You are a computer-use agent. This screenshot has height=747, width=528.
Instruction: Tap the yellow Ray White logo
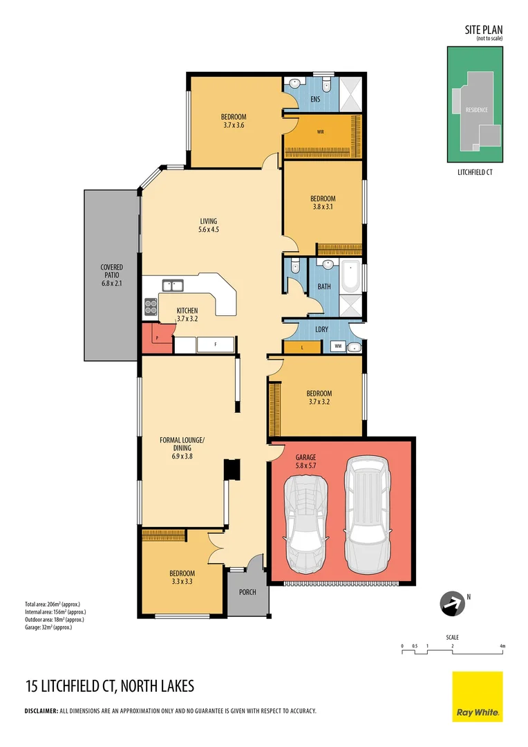pyautogui.click(x=478, y=696)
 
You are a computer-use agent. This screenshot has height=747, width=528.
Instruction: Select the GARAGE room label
pyautogui.click(x=306, y=457)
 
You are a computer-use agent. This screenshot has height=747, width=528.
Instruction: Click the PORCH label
pyautogui.click(x=247, y=592)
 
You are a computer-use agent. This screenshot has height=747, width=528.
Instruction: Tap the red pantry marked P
pyautogui.click(x=157, y=339)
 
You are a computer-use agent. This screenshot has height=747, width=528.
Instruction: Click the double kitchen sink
pyautogui.click(x=173, y=284)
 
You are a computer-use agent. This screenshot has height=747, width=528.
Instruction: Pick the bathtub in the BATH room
pyautogui.click(x=350, y=277)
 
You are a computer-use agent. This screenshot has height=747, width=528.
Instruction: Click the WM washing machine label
pyautogui.click(x=338, y=345)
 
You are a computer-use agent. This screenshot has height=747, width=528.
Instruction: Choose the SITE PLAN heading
pyautogui.click(x=483, y=30)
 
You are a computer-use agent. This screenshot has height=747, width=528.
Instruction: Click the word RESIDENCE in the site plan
pyautogui.click(x=476, y=110)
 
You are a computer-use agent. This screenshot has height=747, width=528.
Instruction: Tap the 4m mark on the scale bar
pyautogui.click(x=502, y=646)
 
